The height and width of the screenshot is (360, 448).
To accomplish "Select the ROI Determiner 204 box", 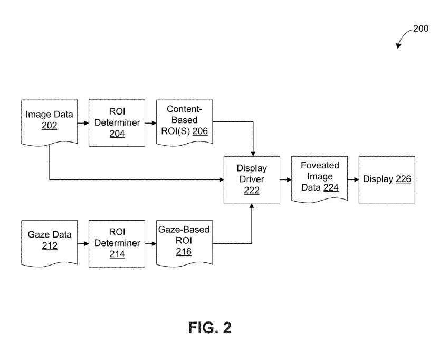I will click(117, 122).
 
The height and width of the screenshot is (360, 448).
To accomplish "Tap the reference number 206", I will click(200, 131).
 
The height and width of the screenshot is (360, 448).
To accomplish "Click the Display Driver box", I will click(252, 179).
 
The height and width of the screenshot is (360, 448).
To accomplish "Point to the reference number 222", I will click(252, 191).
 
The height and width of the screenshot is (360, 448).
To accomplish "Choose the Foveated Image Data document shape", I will click(320, 178).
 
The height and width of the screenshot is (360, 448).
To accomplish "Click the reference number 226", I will click(403, 179).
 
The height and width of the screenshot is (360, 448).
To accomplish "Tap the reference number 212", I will click(50, 246).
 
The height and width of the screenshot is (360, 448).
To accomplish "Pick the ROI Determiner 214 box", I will click(117, 243).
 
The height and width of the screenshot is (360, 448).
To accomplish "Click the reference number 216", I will click(184, 252).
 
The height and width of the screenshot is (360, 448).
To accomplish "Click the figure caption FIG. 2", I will click(209, 327).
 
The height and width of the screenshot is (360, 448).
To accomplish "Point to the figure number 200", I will click(421, 29).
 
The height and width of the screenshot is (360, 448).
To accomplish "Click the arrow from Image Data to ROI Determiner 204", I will click(82, 123).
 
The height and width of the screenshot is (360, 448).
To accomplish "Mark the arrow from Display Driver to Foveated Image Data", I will click(285, 179).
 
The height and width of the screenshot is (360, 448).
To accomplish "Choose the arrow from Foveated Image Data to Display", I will click(353, 179).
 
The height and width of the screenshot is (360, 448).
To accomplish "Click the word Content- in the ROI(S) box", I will click(184, 109).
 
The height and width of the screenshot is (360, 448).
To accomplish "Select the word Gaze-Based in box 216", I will click(184, 230).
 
